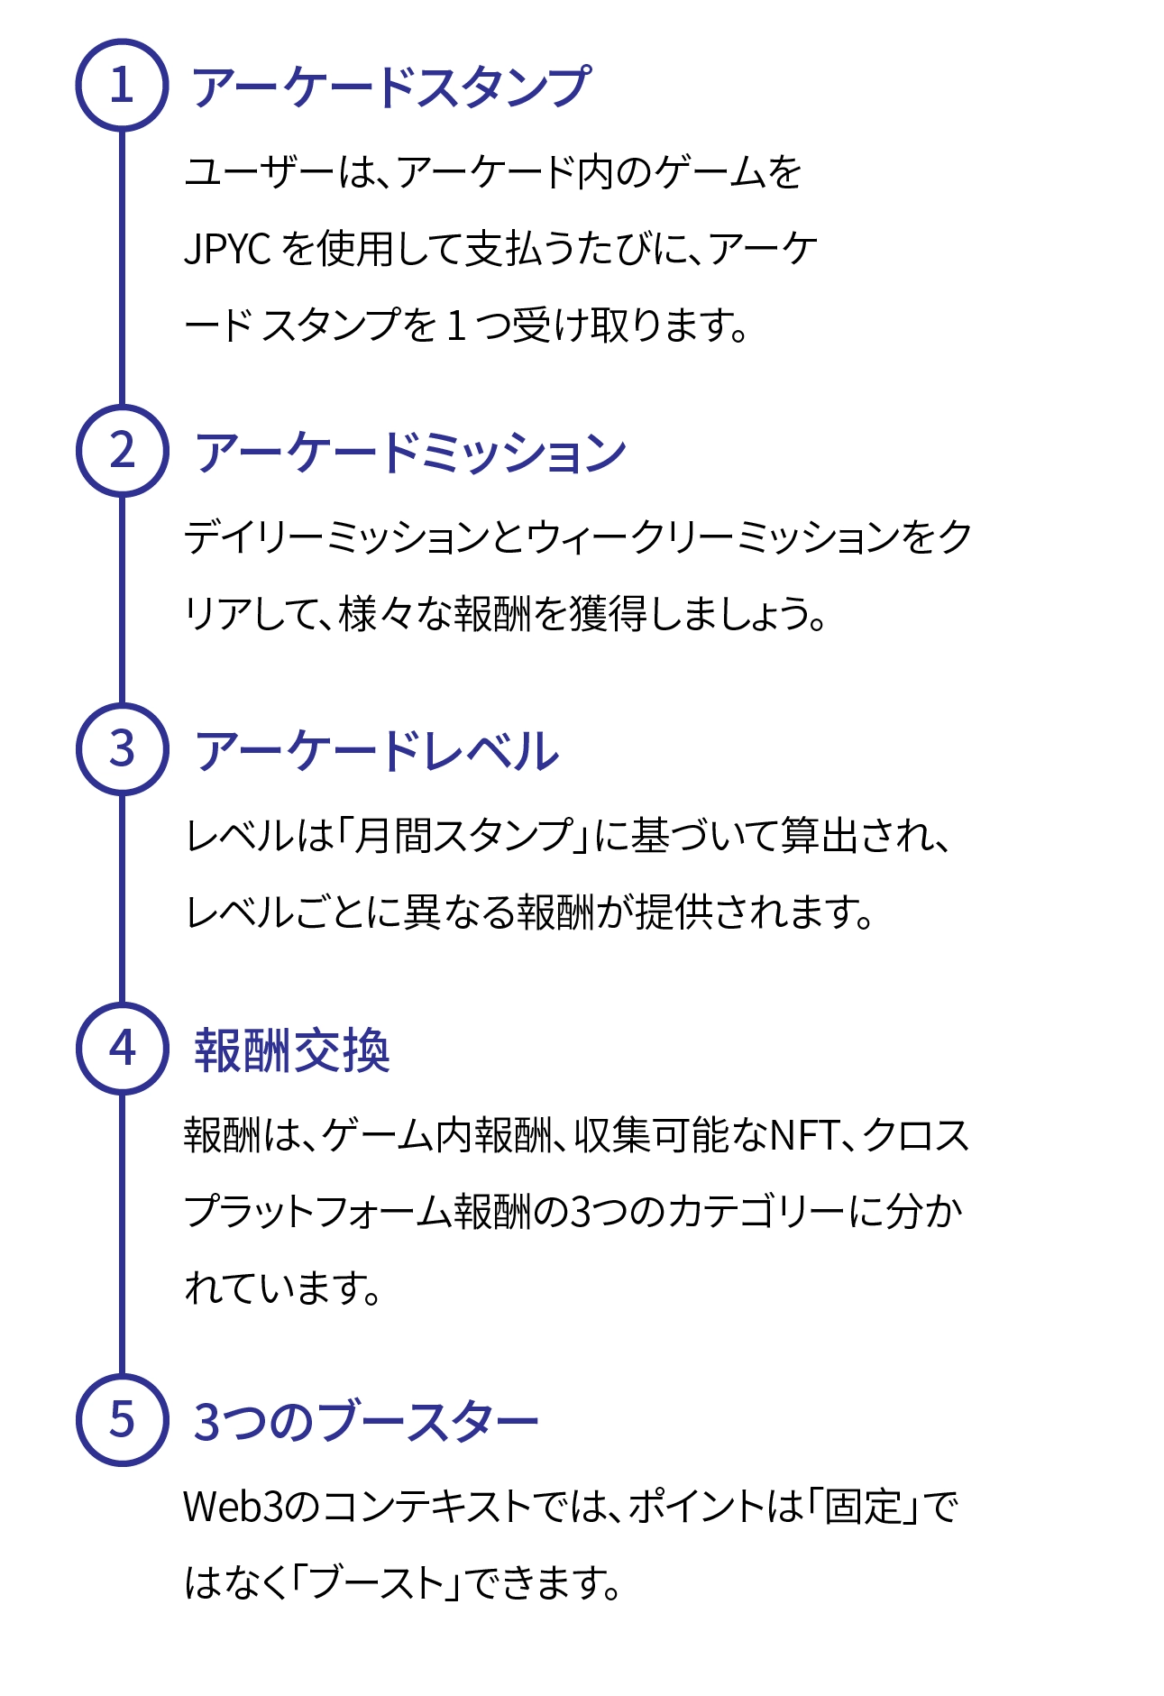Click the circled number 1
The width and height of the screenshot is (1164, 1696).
pos(122,86)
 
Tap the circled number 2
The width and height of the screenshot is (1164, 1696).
pos(122,450)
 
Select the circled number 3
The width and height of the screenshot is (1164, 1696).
pos(122,748)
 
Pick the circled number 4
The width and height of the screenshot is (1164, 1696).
pos(122,1048)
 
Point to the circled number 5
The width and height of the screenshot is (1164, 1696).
pos(122,1419)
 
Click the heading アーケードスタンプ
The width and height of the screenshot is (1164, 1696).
pos(391,87)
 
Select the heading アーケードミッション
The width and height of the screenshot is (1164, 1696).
pos(410,452)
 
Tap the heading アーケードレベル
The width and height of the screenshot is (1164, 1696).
pos(377,751)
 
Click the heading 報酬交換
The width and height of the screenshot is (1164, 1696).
pos(292,1050)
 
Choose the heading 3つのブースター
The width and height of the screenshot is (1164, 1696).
pos(365,1422)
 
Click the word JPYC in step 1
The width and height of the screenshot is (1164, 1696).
pos(227,249)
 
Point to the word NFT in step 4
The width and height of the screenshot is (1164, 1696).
pos(804,1135)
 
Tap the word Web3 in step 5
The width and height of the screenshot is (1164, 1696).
pos(238,1507)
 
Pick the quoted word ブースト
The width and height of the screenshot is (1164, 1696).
pos(377,1582)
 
